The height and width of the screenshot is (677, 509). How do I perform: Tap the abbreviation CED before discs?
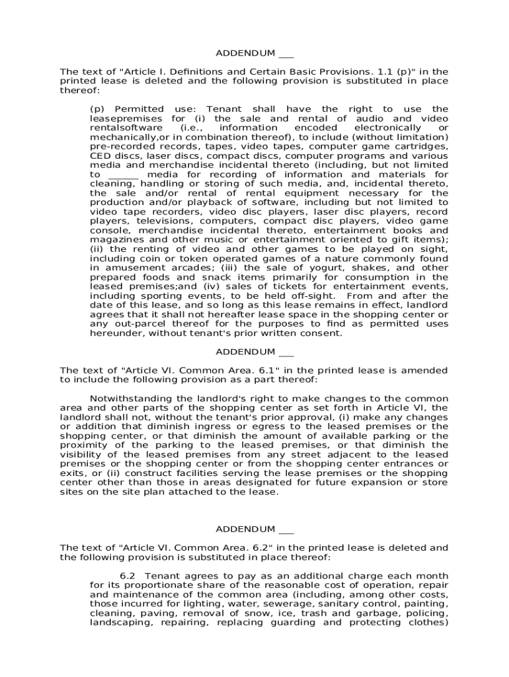[x=99, y=155]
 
